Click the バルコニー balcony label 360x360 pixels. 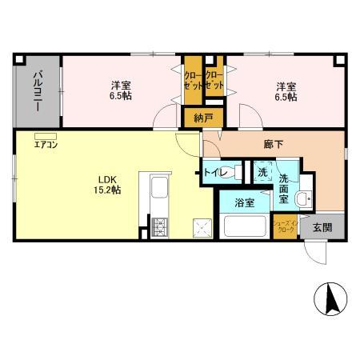click(x=37, y=90)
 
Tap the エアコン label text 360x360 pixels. click(x=44, y=146)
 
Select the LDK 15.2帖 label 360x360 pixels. click(x=109, y=183)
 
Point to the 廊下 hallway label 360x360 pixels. click(x=273, y=144)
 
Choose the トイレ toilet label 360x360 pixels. click(x=216, y=173)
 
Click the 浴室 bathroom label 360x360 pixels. click(x=244, y=203)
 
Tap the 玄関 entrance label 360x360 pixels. click(x=322, y=226)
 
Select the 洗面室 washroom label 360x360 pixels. click(x=284, y=185)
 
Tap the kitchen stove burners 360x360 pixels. click(x=157, y=226)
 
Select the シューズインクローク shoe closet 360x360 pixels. click(x=285, y=226)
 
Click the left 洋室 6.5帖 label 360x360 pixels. click(x=122, y=90)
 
